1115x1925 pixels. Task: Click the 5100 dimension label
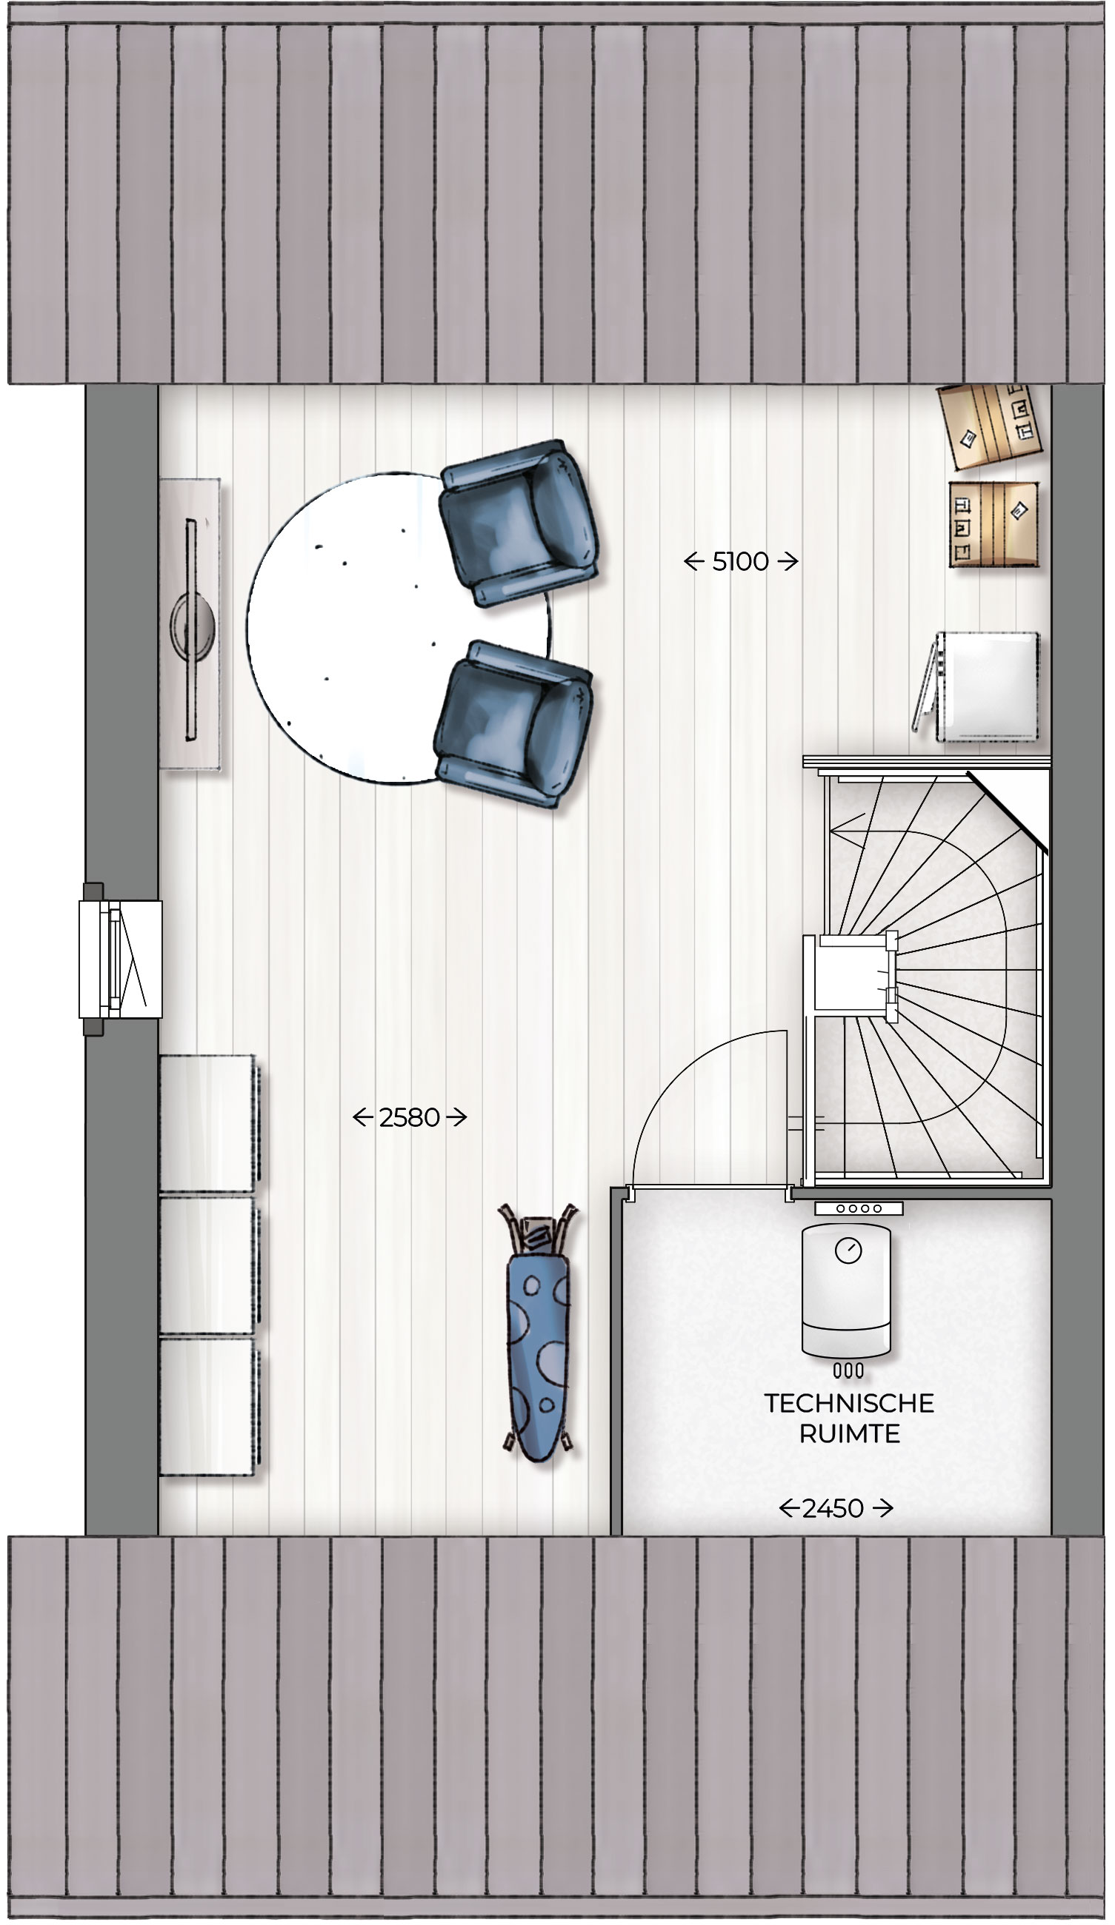coord(740,562)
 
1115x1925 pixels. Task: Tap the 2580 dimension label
coord(409,1117)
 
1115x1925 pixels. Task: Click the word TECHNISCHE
coord(848,1402)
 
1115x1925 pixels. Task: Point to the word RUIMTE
coord(848,1434)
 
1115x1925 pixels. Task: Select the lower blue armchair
coord(513,724)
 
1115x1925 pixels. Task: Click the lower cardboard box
coord(993,524)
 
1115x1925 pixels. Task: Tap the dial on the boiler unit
coord(848,1250)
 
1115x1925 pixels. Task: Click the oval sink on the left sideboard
coord(192,626)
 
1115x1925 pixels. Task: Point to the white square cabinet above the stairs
coord(987,686)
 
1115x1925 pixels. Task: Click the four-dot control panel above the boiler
coord(858,1208)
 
